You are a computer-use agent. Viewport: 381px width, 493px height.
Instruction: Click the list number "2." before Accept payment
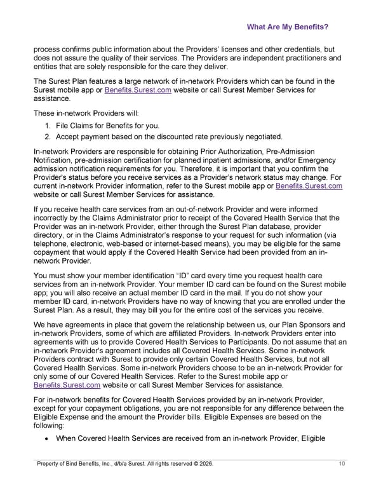tap(49, 137)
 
